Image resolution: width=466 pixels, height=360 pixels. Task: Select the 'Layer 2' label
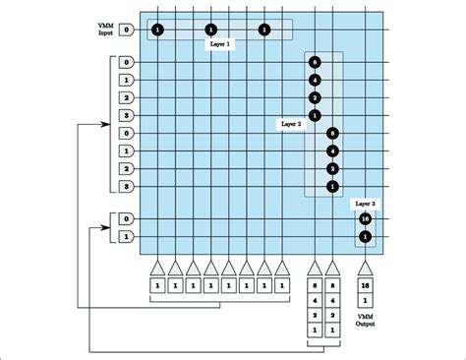(x=292, y=125)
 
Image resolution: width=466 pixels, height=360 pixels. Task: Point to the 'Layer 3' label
(x=365, y=202)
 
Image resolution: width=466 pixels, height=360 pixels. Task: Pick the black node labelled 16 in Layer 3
(x=365, y=218)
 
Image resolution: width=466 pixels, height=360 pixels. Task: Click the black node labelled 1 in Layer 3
(x=365, y=237)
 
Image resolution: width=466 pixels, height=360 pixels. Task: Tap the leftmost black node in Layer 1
(x=157, y=30)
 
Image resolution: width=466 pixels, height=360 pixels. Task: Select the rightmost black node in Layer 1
(x=263, y=30)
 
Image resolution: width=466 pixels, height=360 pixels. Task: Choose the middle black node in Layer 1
(x=210, y=30)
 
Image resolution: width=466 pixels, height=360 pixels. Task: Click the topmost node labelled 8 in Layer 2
(x=315, y=62)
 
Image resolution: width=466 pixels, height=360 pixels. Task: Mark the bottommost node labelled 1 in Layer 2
(x=333, y=186)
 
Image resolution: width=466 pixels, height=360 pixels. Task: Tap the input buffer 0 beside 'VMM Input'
(x=127, y=30)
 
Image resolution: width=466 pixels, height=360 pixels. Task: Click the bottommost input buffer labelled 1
(x=127, y=237)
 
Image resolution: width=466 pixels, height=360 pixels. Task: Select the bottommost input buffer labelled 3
(x=127, y=186)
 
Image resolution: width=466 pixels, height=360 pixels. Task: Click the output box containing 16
(x=365, y=285)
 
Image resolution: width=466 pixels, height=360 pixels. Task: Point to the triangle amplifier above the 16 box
(x=365, y=267)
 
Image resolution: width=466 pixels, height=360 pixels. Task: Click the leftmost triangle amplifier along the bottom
(x=157, y=267)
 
